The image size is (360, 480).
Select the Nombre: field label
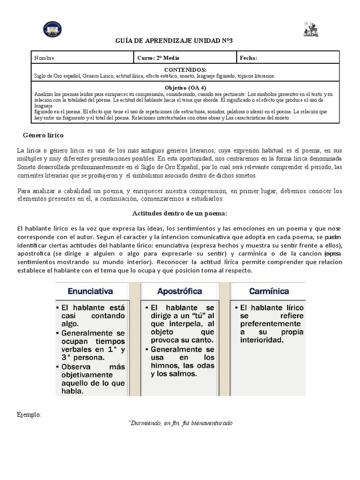[45, 58]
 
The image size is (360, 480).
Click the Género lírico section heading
[43, 135]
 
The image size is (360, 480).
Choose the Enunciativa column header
[90, 291]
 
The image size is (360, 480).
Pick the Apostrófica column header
[180, 291]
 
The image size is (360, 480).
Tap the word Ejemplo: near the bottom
[29, 415]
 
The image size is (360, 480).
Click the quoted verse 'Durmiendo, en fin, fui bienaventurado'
[180, 423]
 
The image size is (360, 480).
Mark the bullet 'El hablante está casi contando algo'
[91, 315]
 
